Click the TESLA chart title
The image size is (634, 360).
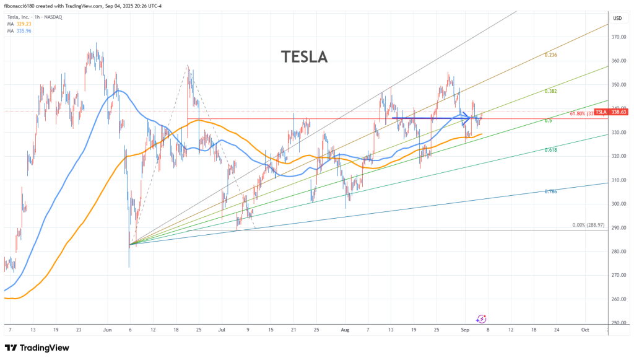pyautogui.click(x=304, y=57)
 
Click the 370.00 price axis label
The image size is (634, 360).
pyautogui.click(x=617, y=37)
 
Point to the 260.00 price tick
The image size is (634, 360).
pyautogui.click(x=617, y=299)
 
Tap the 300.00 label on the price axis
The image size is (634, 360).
pyautogui.click(x=617, y=204)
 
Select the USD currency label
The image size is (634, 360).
pyautogui.click(x=617, y=18)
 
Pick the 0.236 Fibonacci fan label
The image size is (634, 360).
pyautogui.click(x=550, y=55)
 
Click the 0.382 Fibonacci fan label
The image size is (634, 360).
pyautogui.click(x=550, y=91)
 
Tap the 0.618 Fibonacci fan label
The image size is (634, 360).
pyautogui.click(x=550, y=150)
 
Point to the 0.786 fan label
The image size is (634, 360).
pyautogui.click(x=550, y=191)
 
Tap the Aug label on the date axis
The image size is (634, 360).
pyautogui.click(x=345, y=330)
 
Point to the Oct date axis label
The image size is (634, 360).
pyautogui.click(x=585, y=330)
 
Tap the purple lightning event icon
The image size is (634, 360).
pyautogui.click(x=480, y=318)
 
